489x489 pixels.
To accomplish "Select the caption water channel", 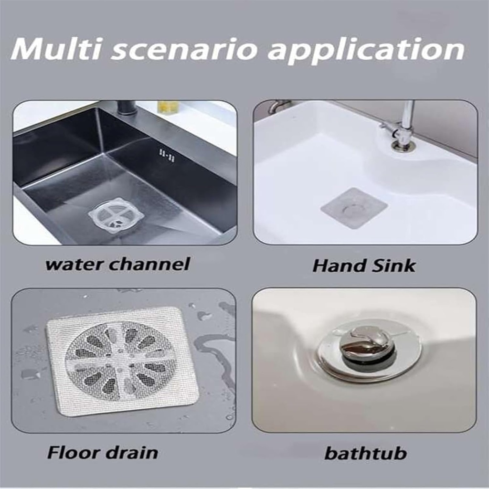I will tap(117, 264).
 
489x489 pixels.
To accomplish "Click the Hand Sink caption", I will tap(364, 266).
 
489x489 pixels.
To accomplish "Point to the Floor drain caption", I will tap(102, 452).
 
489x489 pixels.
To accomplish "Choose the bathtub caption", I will tap(365, 453).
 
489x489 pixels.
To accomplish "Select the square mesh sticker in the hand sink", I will tap(353, 208).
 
